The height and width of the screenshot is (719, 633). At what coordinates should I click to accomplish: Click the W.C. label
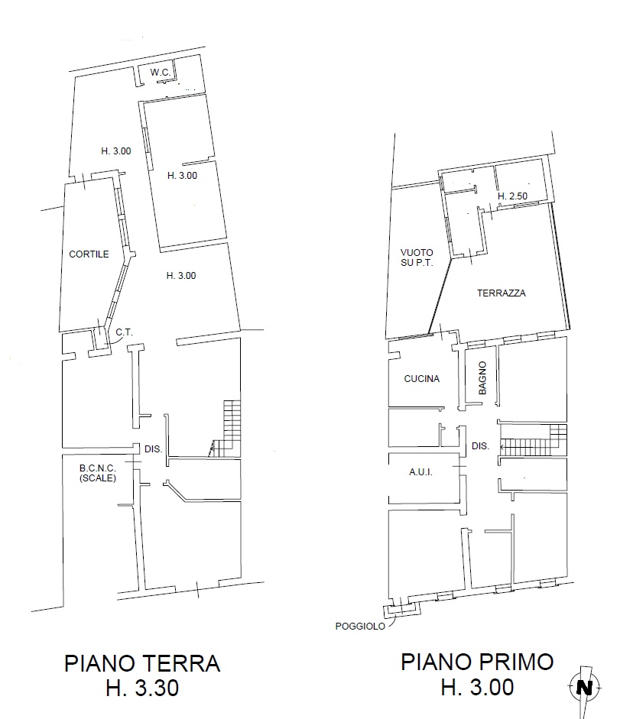[x=160, y=73]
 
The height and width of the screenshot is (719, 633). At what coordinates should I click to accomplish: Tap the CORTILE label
[x=89, y=254]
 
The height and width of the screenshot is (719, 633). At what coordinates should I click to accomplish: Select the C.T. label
[x=124, y=332]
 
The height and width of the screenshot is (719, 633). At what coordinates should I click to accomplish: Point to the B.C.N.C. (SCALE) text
[x=98, y=473]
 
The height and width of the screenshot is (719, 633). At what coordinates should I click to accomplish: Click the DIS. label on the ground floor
[x=153, y=449]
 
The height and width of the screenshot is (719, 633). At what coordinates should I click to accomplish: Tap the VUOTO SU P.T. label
[x=417, y=257]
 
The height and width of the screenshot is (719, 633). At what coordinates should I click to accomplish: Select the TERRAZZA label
[x=501, y=293]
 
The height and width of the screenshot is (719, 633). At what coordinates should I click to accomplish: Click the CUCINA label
[x=421, y=379]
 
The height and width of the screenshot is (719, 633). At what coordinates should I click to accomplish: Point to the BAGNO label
[x=482, y=378]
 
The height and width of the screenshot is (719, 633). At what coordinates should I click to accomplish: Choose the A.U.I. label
[x=420, y=472]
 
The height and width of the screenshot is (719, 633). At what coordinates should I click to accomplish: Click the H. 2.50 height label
[x=512, y=196]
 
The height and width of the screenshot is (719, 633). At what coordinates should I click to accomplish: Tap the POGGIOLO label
[x=360, y=627]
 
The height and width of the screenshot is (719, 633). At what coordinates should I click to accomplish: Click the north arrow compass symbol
[x=584, y=688]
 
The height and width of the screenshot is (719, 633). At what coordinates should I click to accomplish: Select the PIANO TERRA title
[x=142, y=663]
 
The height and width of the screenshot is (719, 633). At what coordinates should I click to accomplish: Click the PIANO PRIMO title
[x=477, y=662]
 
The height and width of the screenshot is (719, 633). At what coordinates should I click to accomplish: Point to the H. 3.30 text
[x=142, y=688]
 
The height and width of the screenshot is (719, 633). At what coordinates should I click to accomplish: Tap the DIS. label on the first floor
[x=480, y=445]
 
